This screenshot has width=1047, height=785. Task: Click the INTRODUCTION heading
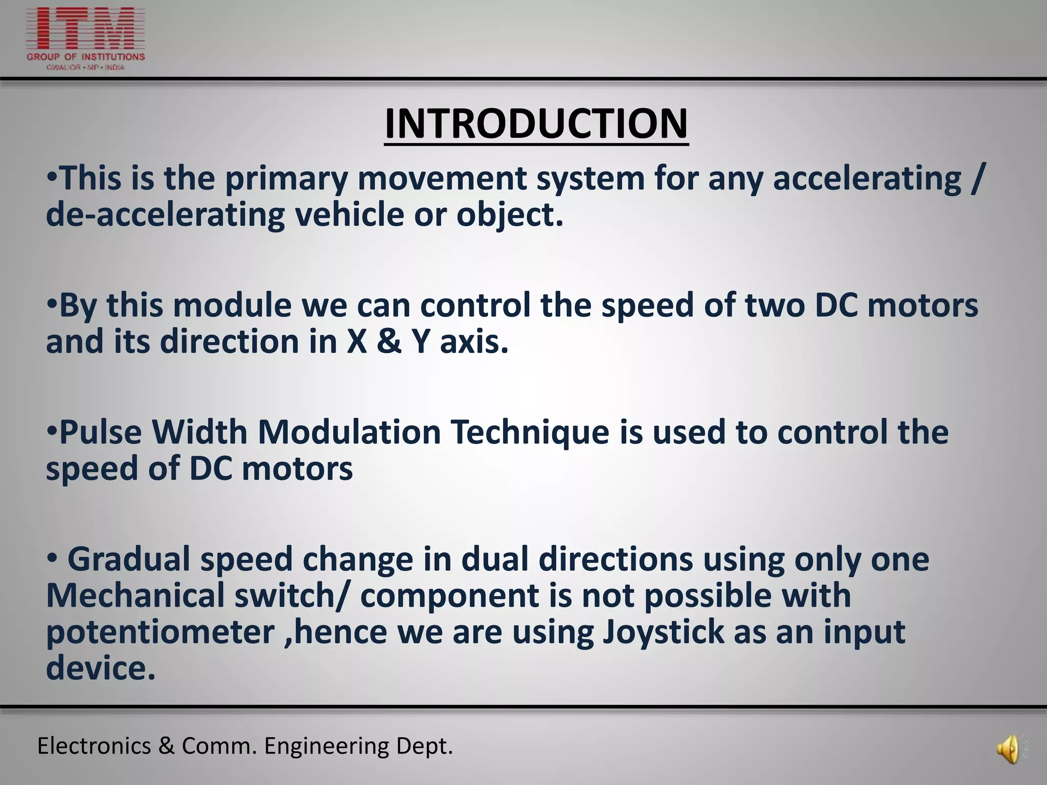pyautogui.click(x=536, y=124)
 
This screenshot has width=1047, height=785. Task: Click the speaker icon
pyautogui.click(x=1008, y=750)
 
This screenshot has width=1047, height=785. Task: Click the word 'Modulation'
pyautogui.click(x=349, y=432)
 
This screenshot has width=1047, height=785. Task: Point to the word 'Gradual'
pyautogui.click(x=129, y=559)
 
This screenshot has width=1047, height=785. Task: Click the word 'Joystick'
pyautogui.click(x=664, y=633)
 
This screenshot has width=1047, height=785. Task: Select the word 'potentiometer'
pyautogui.click(x=160, y=633)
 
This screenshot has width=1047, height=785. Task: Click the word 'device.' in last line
pyautogui.click(x=101, y=668)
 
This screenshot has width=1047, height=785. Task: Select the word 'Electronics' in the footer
pyautogui.click(x=94, y=746)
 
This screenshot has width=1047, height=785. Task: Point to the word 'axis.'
pyautogui.click(x=474, y=341)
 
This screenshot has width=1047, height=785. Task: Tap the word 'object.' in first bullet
pyautogui.click(x=510, y=215)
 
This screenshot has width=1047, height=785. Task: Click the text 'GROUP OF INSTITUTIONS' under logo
pyautogui.click(x=85, y=57)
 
